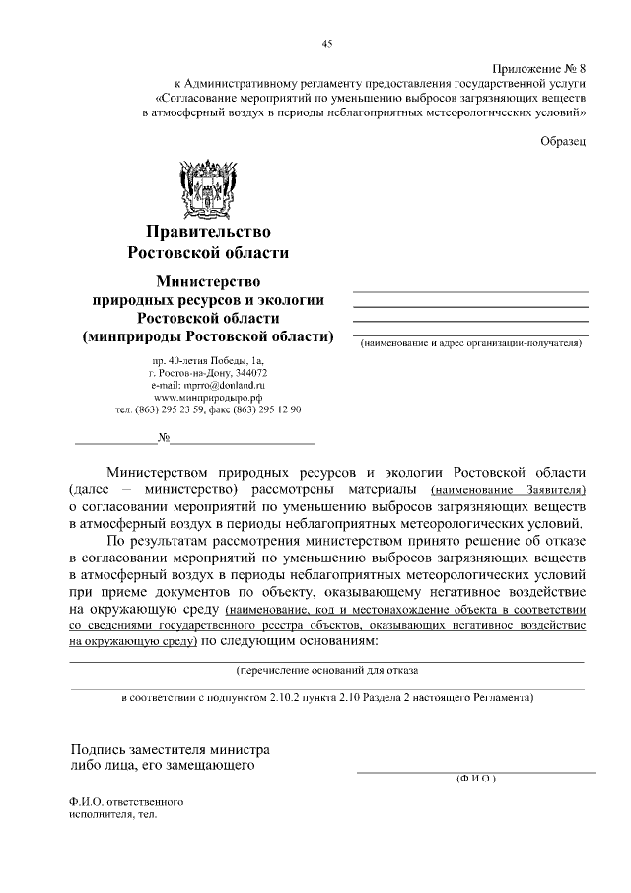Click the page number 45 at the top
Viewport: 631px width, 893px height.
(326, 42)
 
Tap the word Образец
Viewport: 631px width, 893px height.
(564, 141)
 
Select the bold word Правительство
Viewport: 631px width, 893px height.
(208, 232)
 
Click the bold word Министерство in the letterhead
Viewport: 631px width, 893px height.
(208, 281)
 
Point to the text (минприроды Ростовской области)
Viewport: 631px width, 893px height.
(208, 336)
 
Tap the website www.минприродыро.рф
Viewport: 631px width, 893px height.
(208, 398)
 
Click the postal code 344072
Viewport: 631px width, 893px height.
(249, 374)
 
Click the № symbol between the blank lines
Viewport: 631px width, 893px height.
(165, 437)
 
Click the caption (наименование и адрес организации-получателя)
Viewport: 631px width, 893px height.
(470, 343)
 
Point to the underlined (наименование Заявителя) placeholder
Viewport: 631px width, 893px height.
(509, 488)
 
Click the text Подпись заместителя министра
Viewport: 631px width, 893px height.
(169, 749)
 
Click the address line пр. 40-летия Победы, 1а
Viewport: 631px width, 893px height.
(208, 362)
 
